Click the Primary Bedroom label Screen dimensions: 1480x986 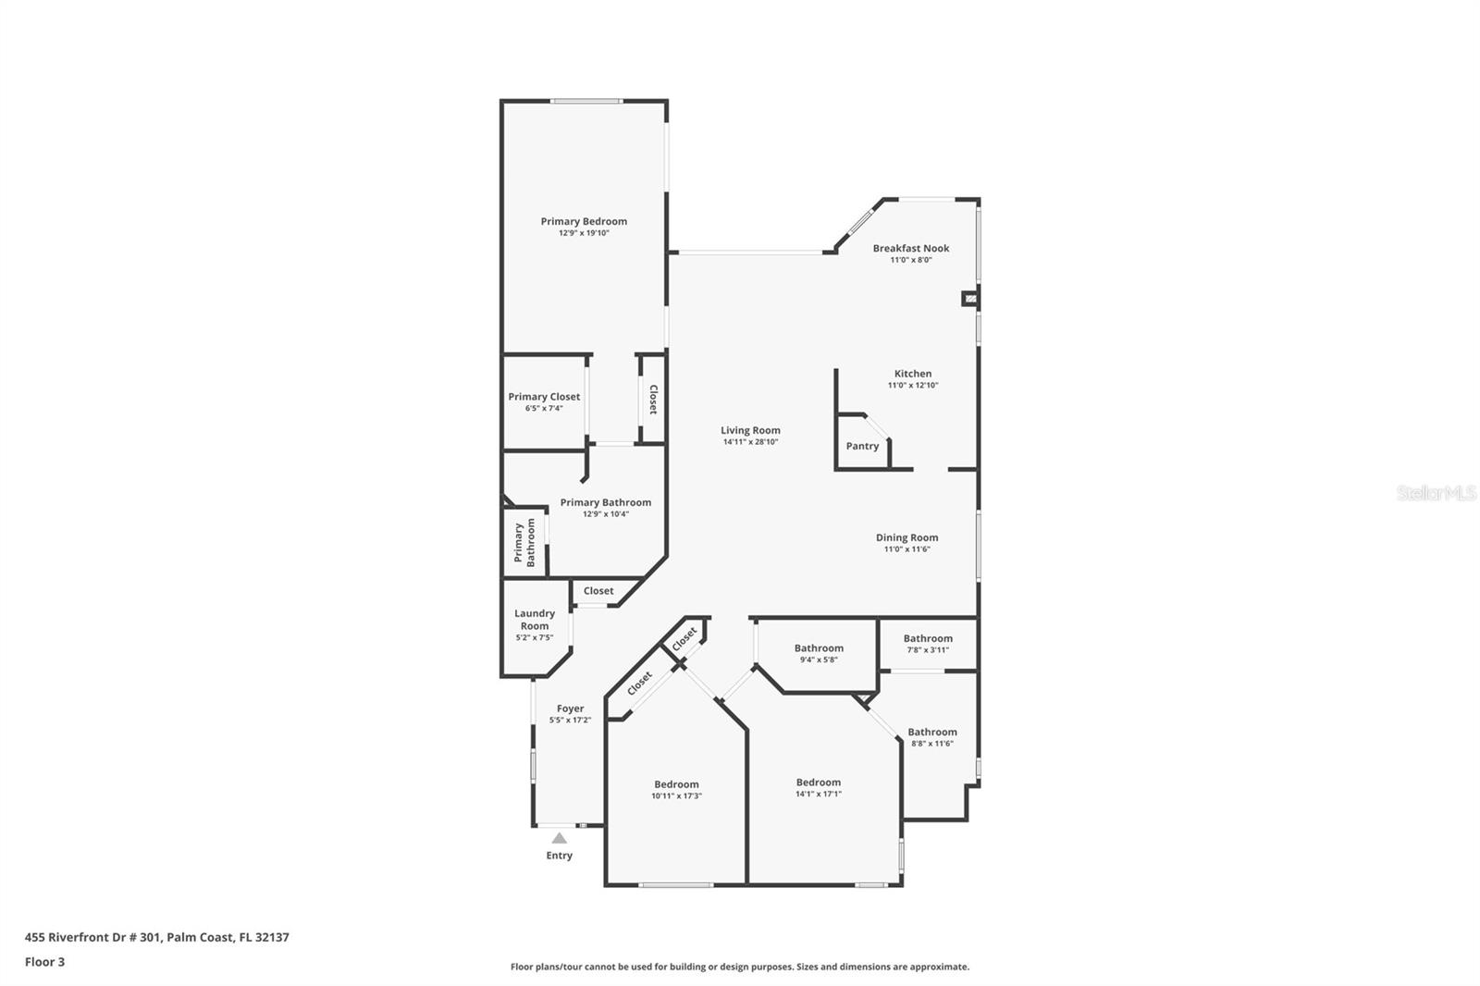584,221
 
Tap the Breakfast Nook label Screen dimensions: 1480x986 911,249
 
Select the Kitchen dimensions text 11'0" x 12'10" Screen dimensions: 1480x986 913,386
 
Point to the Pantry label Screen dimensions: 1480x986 862,446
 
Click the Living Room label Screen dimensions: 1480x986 750,430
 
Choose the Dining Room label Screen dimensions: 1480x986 907,538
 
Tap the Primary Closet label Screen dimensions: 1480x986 544,397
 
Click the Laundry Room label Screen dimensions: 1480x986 535,620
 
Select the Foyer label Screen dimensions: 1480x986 570,709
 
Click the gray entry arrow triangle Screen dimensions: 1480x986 560,839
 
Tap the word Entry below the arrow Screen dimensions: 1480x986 559,856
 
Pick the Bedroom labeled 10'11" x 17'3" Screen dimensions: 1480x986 676,784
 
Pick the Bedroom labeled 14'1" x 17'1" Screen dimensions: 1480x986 819,783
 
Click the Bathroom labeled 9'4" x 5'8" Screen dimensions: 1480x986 819,648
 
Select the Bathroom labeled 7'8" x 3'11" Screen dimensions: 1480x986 929,638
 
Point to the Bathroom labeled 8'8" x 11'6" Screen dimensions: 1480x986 932,733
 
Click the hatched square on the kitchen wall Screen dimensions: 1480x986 970,300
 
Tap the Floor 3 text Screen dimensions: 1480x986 45,962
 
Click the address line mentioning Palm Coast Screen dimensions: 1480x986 156,937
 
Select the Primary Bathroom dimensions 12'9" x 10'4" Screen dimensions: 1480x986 606,514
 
